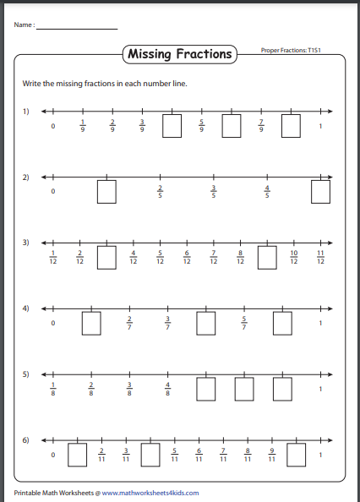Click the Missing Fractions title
[x=179, y=54]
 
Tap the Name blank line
[x=76, y=28]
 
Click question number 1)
[x=26, y=112]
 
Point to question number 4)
[x=26, y=308]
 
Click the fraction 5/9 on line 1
[x=201, y=127]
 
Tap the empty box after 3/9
[x=172, y=126]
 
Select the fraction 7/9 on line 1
[x=261, y=127]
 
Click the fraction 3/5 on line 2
[x=214, y=192]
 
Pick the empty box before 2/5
[x=106, y=192]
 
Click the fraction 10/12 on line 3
[x=293, y=257]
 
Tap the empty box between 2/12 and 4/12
[x=106, y=257]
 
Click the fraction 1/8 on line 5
[x=52, y=388]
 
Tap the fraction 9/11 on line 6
[x=272, y=454]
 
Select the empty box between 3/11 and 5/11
[x=150, y=455]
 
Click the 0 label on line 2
[x=52, y=192]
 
